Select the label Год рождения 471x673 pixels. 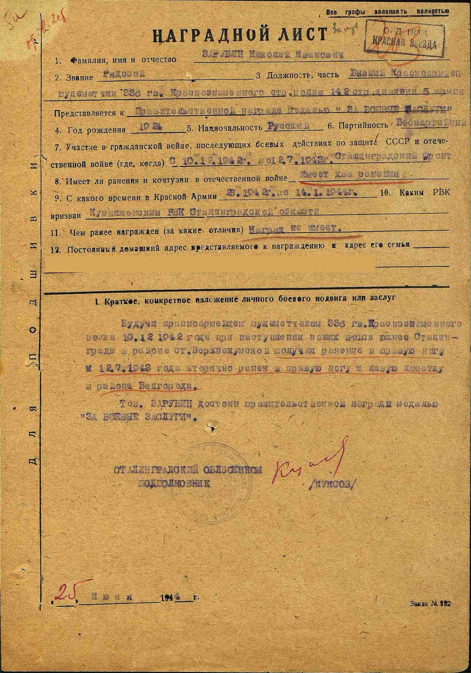tap(101, 130)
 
